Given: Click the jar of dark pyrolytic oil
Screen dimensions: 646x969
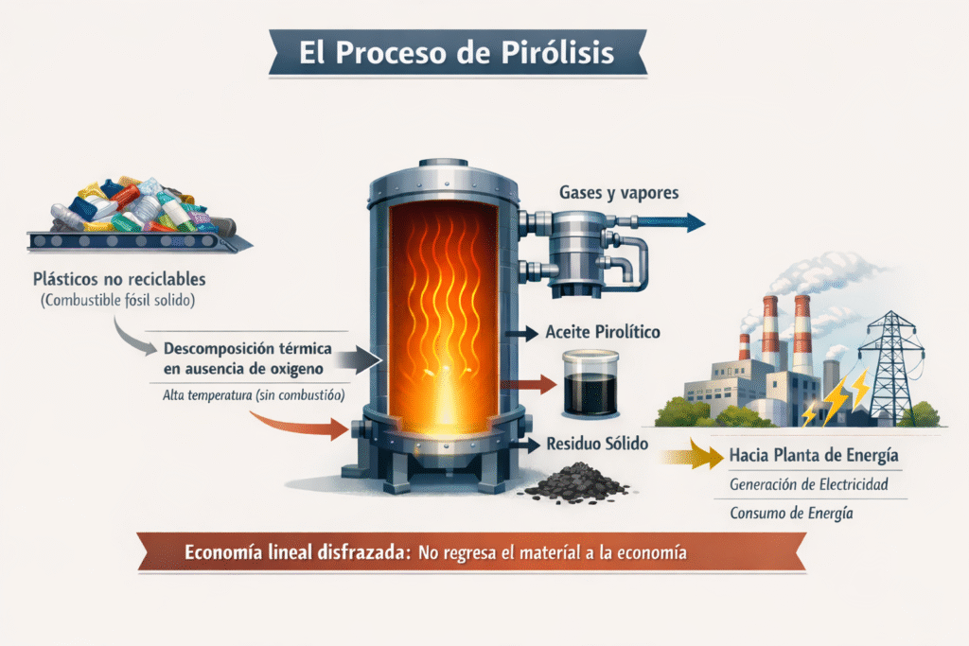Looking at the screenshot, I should pyautogui.click(x=590, y=384).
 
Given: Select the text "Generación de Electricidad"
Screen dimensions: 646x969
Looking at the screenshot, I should pyautogui.click(x=809, y=485).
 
